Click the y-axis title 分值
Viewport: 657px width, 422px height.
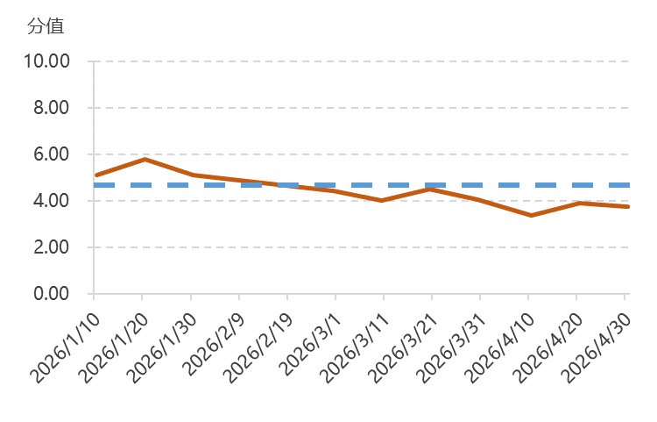(46, 26)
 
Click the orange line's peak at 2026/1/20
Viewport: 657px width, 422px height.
(145, 159)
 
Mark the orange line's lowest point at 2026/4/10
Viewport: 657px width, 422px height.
(529, 215)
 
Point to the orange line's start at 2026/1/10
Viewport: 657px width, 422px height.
(96, 175)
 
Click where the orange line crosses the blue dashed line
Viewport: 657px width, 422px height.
(279, 185)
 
